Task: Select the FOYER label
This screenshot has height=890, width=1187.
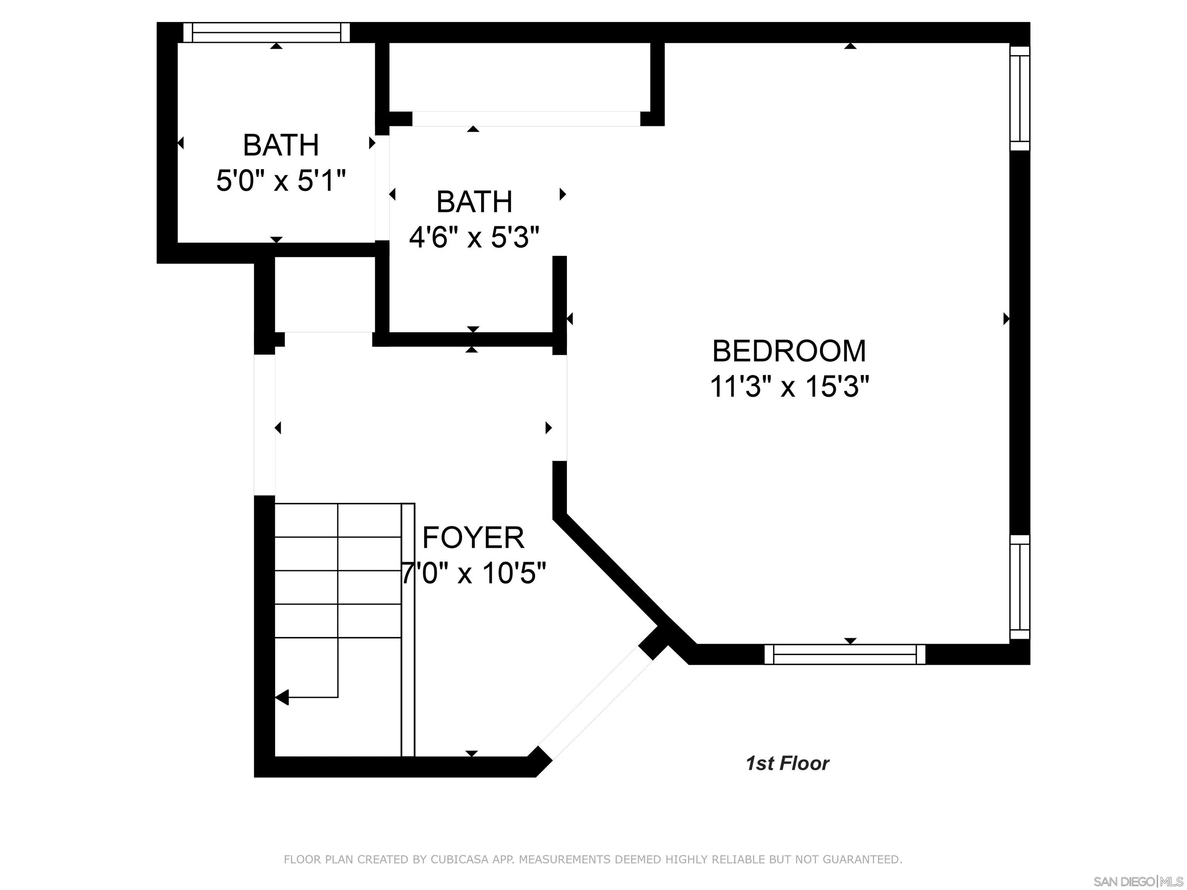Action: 473,538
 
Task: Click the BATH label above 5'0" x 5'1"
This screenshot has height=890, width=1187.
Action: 281,145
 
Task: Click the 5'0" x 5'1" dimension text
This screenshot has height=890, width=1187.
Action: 281,180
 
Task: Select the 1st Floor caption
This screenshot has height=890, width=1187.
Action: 787,763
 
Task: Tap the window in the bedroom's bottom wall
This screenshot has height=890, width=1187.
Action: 845,654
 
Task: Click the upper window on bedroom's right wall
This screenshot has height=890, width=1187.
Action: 1020,98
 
